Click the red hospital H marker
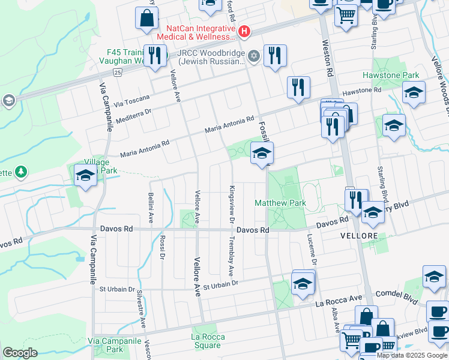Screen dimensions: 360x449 pyautogui.click(x=244, y=31)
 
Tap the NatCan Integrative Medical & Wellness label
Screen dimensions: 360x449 pyautogui.click(x=200, y=32)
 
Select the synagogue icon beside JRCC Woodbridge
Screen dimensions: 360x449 pyautogui.click(x=254, y=56)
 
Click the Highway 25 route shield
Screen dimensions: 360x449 pyautogui.click(x=118, y=72)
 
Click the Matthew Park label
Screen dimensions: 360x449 pyautogui.click(x=280, y=203)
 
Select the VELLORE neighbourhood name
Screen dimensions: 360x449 pyautogui.click(x=359, y=236)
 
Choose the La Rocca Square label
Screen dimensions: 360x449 pyautogui.click(x=206, y=341)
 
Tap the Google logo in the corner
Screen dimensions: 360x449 pyautogui.click(x=20, y=352)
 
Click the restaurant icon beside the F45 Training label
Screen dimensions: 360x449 pyautogui.click(x=157, y=55)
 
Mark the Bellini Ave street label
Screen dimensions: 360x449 pyautogui.click(x=151, y=204)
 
